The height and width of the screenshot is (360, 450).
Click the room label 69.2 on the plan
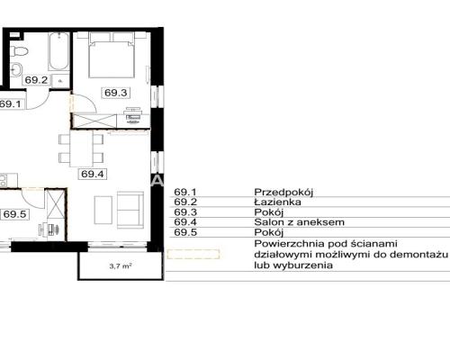pos(36,80)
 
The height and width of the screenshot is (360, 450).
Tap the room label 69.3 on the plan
pos(116,93)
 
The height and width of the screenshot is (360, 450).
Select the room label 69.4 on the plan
pos(93,174)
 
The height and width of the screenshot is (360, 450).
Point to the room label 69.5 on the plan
pos(15,214)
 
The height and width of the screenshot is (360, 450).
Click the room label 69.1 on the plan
pos(11,104)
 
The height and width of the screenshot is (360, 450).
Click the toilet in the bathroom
pos(19,51)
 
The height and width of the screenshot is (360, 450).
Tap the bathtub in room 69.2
pos(58,51)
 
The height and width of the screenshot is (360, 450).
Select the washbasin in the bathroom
pos(16,68)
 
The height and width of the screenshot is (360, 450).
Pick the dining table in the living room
pos(81,148)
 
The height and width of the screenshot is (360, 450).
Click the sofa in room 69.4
pos(130,210)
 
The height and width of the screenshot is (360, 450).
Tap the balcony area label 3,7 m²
pos(121,265)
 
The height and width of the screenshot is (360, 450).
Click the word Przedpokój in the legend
pos(283,192)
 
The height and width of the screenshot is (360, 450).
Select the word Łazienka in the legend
pos(277,202)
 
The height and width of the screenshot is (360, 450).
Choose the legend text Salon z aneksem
pos(299,222)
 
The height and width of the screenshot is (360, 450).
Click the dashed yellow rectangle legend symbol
pos(193,255)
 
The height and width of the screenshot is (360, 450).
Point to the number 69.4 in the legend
pos(185,222)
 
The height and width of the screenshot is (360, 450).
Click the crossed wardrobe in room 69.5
pos(56,203)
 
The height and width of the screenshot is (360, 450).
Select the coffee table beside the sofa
pos(103,210)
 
